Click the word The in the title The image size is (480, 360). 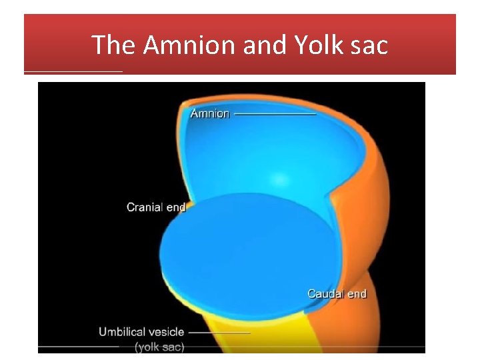tap(113, 45)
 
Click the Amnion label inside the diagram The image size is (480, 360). tap(210, 113)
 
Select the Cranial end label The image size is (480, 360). tap(156, 207)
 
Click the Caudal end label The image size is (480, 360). tap(337, 293)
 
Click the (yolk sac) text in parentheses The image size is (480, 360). tap(160, 347)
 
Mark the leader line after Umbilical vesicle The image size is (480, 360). tap(219, 332)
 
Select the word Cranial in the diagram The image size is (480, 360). tap(145, 207)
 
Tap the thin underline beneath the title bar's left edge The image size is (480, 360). tap(73, 71)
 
